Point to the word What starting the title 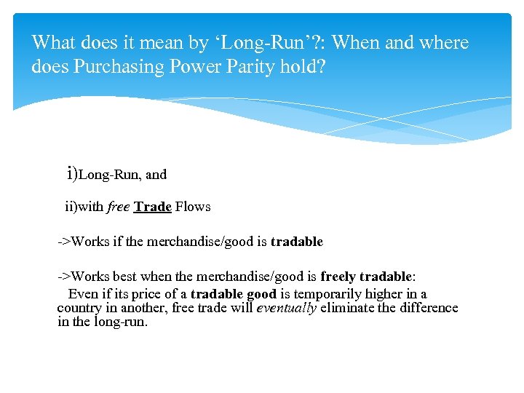(55, 43)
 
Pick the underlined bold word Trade (153, 207)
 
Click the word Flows (193, 207)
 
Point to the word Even (82, 294)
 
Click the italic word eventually (287, 308)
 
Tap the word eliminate (346, 308)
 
